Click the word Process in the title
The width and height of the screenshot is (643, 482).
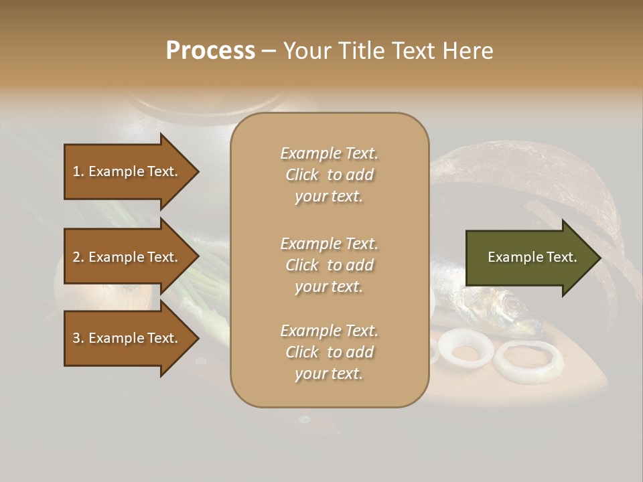(x=210, y=51)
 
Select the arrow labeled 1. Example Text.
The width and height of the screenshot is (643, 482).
(x=127, y=171)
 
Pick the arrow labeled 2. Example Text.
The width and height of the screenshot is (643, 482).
(x=127, y=257)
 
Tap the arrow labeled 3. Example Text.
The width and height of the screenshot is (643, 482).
(x=127, y=338)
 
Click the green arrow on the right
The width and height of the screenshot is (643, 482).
(x=529, y=257)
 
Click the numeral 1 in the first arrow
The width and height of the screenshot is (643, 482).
(x=76, y=171)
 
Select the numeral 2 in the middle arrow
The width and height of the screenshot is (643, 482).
(x=76, y=257)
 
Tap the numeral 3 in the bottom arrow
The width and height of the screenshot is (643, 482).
(x=76, y=338)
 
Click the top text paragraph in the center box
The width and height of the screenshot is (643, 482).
(x=329, y=175)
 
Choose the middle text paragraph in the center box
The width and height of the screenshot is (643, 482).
(x=329, y=265)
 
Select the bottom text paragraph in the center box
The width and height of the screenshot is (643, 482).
(x=329, y=352)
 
